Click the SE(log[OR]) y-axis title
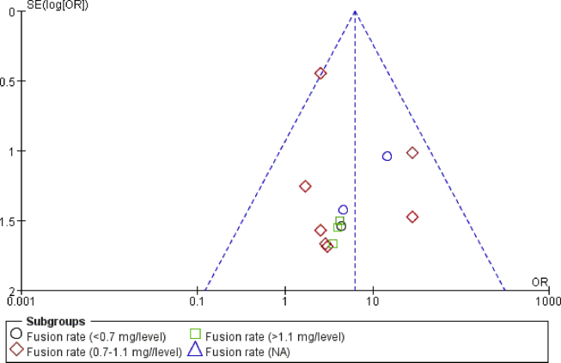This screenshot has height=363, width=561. coord(52,5)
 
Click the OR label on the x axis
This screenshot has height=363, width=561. coord(540,282)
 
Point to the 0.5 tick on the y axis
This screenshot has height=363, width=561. coord(11,81)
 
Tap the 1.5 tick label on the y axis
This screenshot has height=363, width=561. coord(11,221)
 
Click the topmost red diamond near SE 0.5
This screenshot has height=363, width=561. coord(320,74)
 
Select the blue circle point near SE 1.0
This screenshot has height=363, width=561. coord(387,156)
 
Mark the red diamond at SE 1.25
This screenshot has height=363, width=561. coord(305,186)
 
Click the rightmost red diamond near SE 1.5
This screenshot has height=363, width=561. coord(412,217)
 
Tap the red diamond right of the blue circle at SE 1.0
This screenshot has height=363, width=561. coord(412,153)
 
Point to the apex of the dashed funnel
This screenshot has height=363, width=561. coord(355,11)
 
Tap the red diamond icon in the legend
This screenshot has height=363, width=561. coord(15,350)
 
